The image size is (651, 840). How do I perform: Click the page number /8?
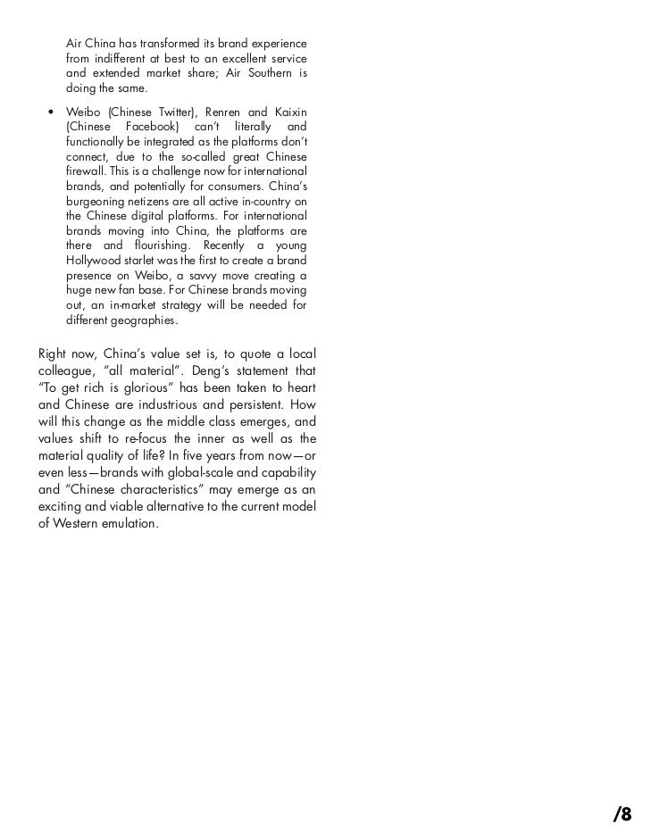click(x=622, y=813)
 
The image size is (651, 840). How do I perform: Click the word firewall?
click(x=85, y=171)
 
